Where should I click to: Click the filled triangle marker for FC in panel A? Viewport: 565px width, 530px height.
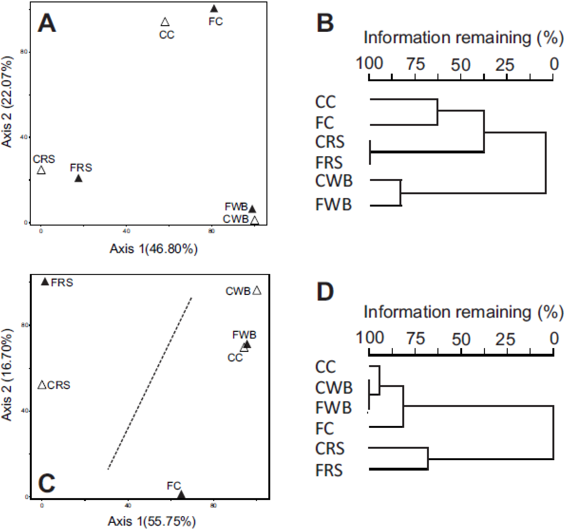coord(214,9)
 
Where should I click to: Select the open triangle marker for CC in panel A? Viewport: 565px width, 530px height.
coord(165,22)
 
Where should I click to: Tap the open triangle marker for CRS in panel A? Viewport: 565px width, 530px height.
coord(41,170)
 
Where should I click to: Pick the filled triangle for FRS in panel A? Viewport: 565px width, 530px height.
coord(78,179)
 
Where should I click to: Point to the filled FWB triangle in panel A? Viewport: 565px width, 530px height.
coord(252,209)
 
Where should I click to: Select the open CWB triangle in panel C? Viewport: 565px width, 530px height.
coord(257,291)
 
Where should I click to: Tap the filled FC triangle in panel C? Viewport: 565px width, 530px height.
coord(181,495)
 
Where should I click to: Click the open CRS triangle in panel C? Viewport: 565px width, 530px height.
coord(42,385)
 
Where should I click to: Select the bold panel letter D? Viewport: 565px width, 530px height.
coord(325,292)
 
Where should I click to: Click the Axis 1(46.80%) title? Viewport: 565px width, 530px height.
coord(154,249)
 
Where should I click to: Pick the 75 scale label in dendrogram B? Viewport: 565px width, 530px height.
coord(415,64)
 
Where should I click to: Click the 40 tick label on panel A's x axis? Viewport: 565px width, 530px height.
coord(126,231)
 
